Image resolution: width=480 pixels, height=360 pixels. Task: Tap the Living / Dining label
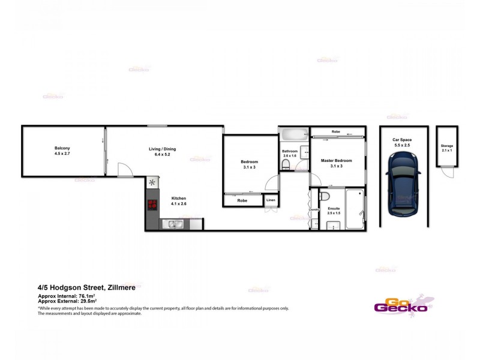point(163,151)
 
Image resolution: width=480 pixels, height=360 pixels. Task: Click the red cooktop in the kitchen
point(152,205)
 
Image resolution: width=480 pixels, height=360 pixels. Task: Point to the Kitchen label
point(179,200)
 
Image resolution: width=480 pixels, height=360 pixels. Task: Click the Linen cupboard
point(271,200)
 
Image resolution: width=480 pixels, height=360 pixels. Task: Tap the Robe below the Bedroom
point(242,200)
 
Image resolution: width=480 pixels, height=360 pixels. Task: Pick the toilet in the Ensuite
point(324,197)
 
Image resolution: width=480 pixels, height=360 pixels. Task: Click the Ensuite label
point(334,211)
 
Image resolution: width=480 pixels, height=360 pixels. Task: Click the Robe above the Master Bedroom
point(336,131)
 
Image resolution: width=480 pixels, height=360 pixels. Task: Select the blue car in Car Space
point(403,183)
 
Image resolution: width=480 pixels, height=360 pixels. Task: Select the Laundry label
point(314,209)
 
